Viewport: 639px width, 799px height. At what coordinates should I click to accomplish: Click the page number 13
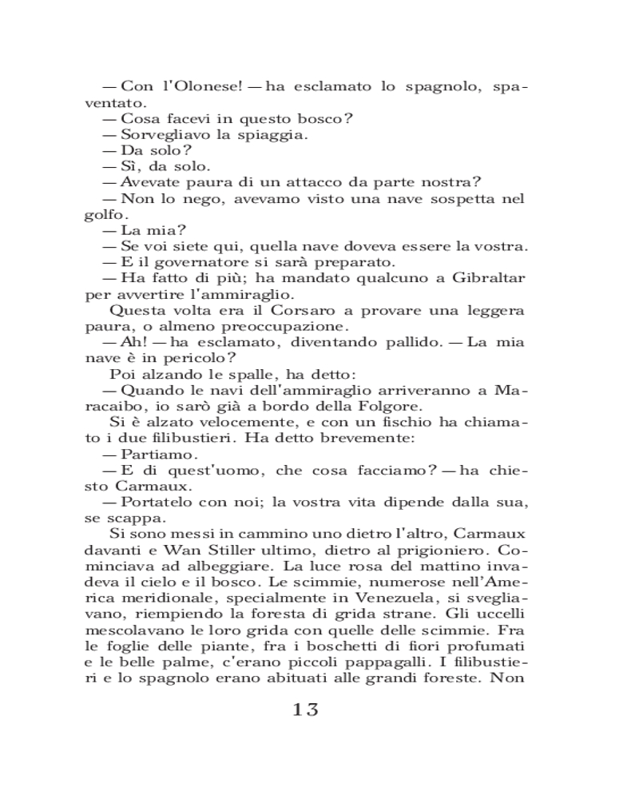pos(306,710)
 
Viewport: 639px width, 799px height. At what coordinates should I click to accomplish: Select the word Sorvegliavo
pos(166,134)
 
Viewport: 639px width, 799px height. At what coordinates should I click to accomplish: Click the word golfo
pos(104,214)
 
